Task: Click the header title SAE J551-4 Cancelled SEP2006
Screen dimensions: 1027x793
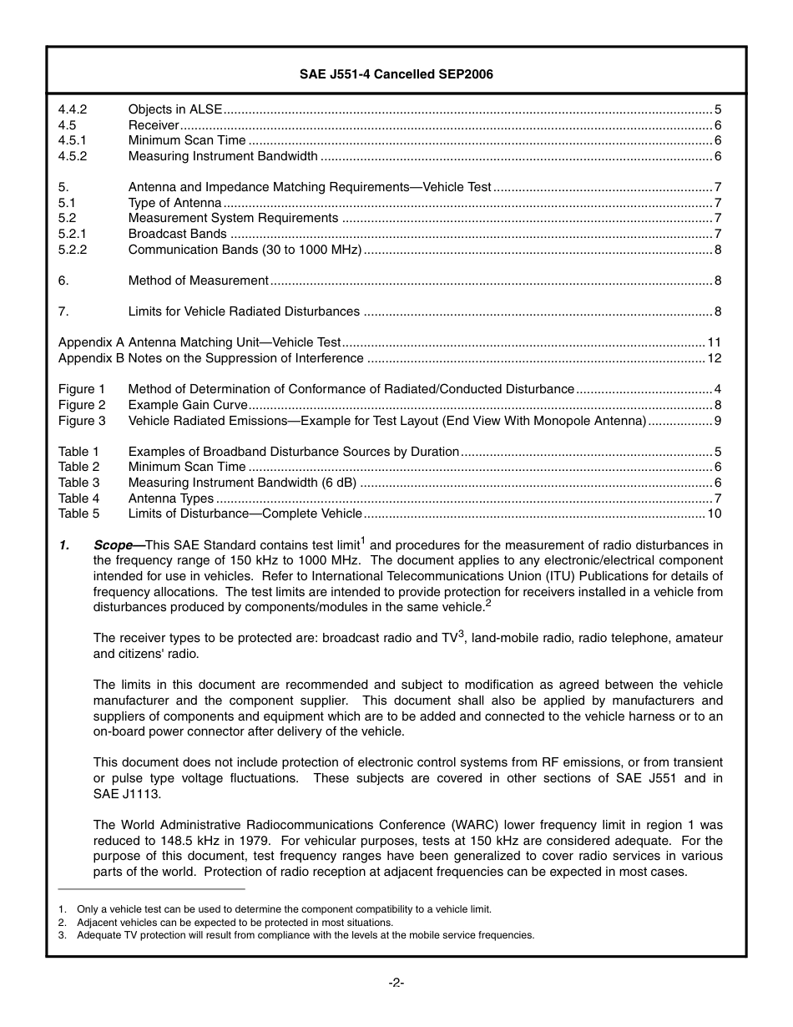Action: coord(396,74)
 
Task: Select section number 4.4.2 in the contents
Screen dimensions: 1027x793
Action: coord(73,109)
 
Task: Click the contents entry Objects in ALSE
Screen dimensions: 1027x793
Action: coord(175,109)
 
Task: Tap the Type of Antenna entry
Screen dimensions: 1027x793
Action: coord(174,203)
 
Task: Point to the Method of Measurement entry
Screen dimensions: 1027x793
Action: coord(198,281)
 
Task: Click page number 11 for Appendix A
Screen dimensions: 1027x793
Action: coord(714,342)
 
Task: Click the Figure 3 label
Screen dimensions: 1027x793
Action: coord(82,421)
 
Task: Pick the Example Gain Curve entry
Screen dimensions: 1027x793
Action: coord(188,405)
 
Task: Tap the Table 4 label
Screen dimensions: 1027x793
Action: coord(78,498)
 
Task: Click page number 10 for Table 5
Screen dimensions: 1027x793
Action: coord(714,513)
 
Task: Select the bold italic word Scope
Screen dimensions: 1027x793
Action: coord(114,545)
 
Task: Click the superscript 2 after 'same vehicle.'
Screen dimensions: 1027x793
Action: coord(488,603)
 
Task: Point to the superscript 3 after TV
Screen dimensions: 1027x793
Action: coord(461,634)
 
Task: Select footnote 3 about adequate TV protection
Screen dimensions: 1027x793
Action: coord(305,935)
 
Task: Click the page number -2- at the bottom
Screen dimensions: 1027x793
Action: coord(396,983)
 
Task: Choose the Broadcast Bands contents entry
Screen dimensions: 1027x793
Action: coord(177,234)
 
